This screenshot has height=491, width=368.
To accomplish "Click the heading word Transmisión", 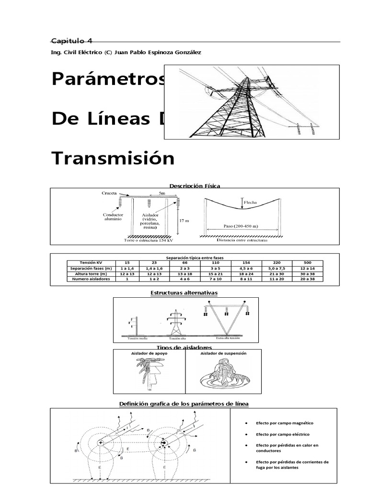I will (x=113, y=158).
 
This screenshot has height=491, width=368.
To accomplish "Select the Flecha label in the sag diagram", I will (x=250, y=203).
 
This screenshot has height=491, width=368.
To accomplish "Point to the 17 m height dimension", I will (x=184, y=221).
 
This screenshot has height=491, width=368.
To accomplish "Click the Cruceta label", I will (x=109, y=193).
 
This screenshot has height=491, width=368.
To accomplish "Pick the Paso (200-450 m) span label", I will (x=241, y=226).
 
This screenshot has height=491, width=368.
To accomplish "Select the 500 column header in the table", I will (x=308, y=263).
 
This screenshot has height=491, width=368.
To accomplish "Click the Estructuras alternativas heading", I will (x=184, y=292).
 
